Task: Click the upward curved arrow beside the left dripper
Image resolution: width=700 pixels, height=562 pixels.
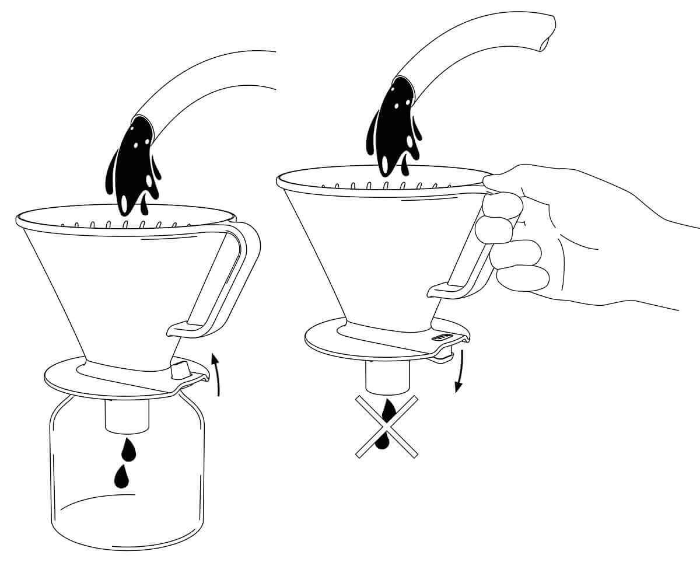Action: click(217, 373)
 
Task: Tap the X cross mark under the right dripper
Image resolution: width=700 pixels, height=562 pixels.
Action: click(387, 426)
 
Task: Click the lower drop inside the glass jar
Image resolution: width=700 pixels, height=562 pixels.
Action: click(121, 476)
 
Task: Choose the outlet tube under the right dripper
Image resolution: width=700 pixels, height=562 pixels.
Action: click(386, 377)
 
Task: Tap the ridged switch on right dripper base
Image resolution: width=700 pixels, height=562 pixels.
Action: click(442, 337)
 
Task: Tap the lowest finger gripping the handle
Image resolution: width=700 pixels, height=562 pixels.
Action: click(522, 278)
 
